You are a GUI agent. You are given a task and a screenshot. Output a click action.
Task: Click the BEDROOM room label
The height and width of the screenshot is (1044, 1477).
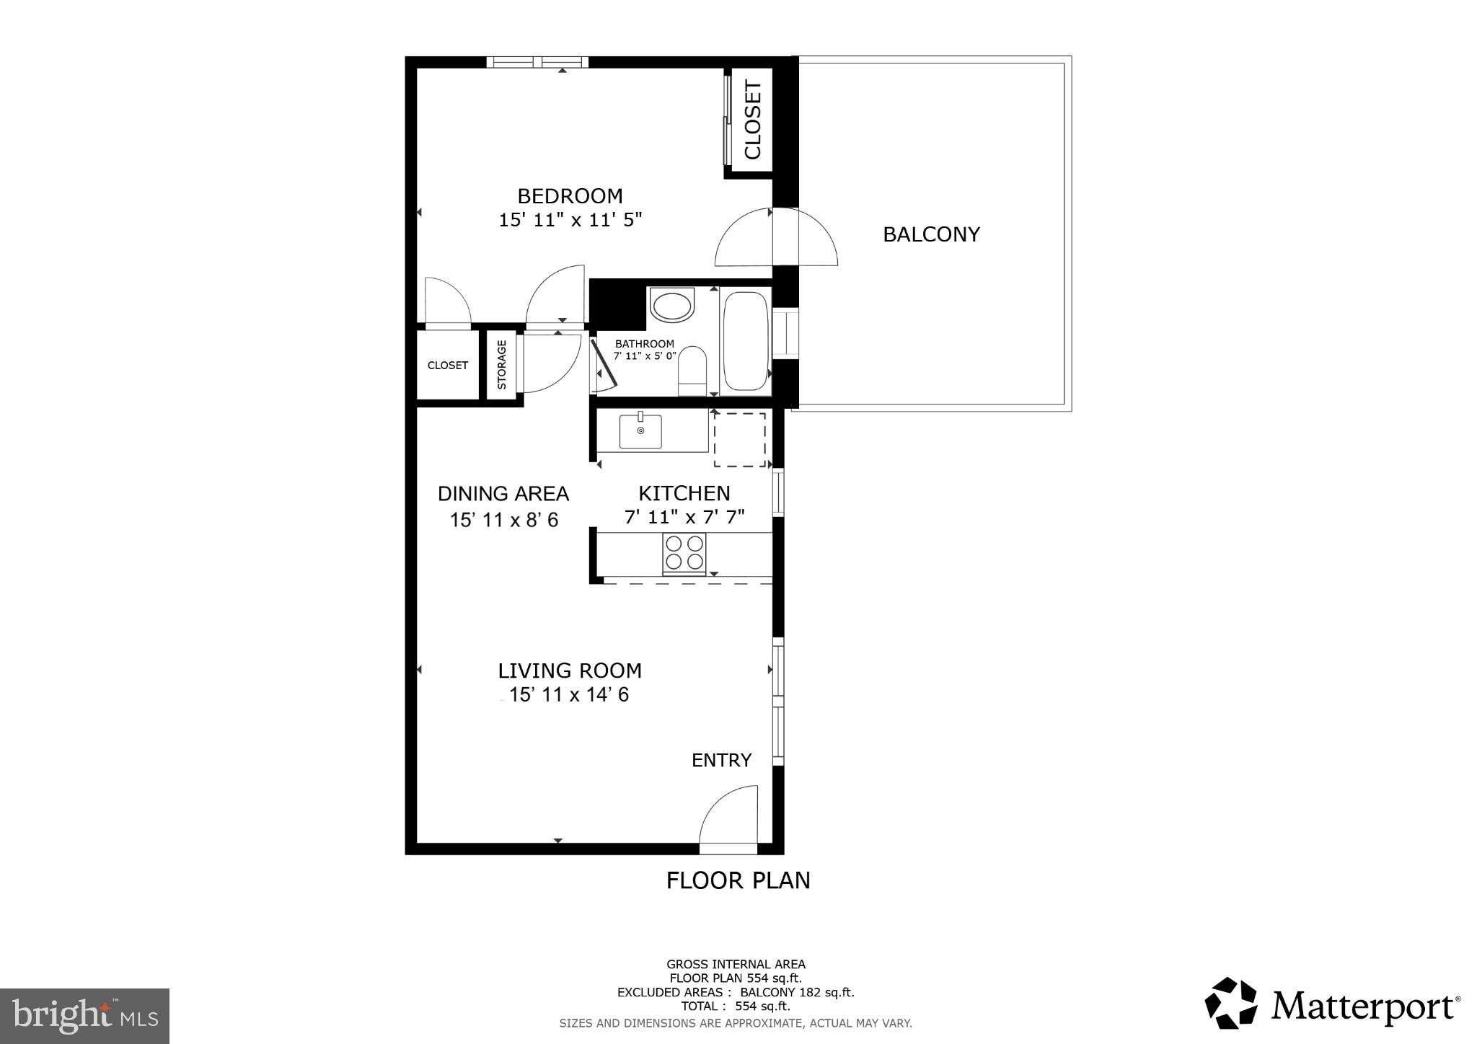coord(570,196)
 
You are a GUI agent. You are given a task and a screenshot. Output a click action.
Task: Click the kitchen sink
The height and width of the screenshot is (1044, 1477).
coord(640,431)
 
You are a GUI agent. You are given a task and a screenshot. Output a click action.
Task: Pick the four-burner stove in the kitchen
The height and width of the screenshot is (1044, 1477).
coord(684,553)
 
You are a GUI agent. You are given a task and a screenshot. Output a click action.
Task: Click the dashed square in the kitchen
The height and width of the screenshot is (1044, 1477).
coord(740,440)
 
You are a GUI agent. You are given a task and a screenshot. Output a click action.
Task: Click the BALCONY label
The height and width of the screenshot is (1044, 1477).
coord(931,234)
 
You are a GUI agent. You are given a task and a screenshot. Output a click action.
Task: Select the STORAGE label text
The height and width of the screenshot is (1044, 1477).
coord(502,365)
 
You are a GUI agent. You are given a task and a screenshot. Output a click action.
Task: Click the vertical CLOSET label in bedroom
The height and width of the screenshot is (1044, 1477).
coord(752,120)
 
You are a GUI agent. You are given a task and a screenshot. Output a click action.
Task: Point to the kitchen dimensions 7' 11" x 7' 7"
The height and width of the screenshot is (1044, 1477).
coord(684,517)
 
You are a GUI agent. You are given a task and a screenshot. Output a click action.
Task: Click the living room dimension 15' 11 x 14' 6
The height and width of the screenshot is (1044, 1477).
coord(569,695)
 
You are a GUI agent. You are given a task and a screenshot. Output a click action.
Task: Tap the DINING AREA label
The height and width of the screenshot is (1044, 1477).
coord(503,494)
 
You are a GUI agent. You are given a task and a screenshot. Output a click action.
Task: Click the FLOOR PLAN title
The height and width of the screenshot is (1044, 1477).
coord(738,880)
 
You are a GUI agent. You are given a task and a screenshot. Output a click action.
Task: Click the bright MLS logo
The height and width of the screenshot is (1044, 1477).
coord(84,1017)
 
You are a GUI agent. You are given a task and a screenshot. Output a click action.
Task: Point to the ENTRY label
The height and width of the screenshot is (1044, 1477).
coord(721,760)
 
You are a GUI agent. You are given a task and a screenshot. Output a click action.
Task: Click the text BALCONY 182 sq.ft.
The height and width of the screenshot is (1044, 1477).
coord(797,992)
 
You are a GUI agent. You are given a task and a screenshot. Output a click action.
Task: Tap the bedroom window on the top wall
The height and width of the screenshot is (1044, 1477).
coord(537,62)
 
